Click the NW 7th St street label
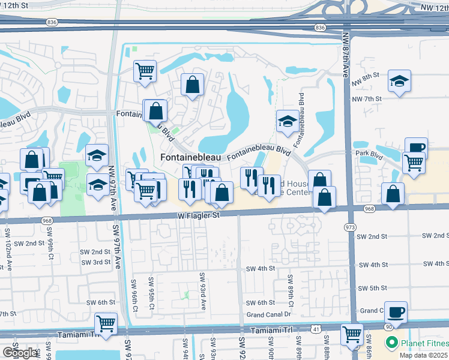[x=367, y=98]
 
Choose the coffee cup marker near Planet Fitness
[x=396, y=311]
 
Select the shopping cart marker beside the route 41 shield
[x=352, y=333]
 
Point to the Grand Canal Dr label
[x=268, y=314]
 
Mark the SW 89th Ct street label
[x=290, y=289]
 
